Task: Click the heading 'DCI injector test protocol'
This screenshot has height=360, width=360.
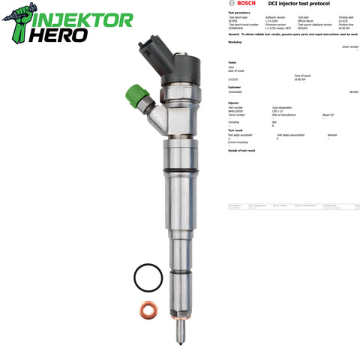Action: point(293,5)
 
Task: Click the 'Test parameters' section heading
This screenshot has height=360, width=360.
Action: point(240,13)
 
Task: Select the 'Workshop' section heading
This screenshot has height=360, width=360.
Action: point(235,42)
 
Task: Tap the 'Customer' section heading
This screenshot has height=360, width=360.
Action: point(235,85)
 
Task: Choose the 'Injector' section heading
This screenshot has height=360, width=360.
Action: point(234,103)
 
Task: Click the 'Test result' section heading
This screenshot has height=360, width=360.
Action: point(236,130)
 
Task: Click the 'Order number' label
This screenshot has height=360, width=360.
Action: point(349,46)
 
